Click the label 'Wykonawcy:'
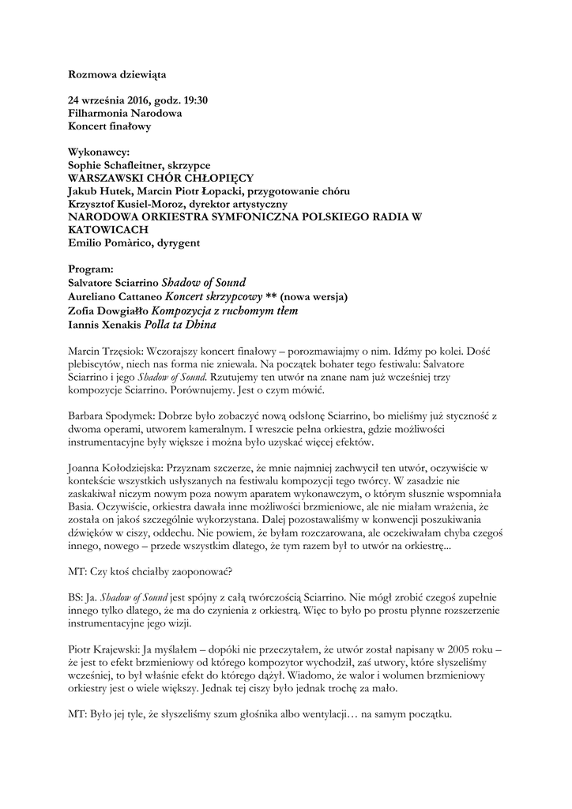click(x=99, y=152)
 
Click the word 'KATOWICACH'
click(x=107, y=229)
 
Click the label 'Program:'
click(x=92, y=269)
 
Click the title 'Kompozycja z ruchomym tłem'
click(x=224, y=310)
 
